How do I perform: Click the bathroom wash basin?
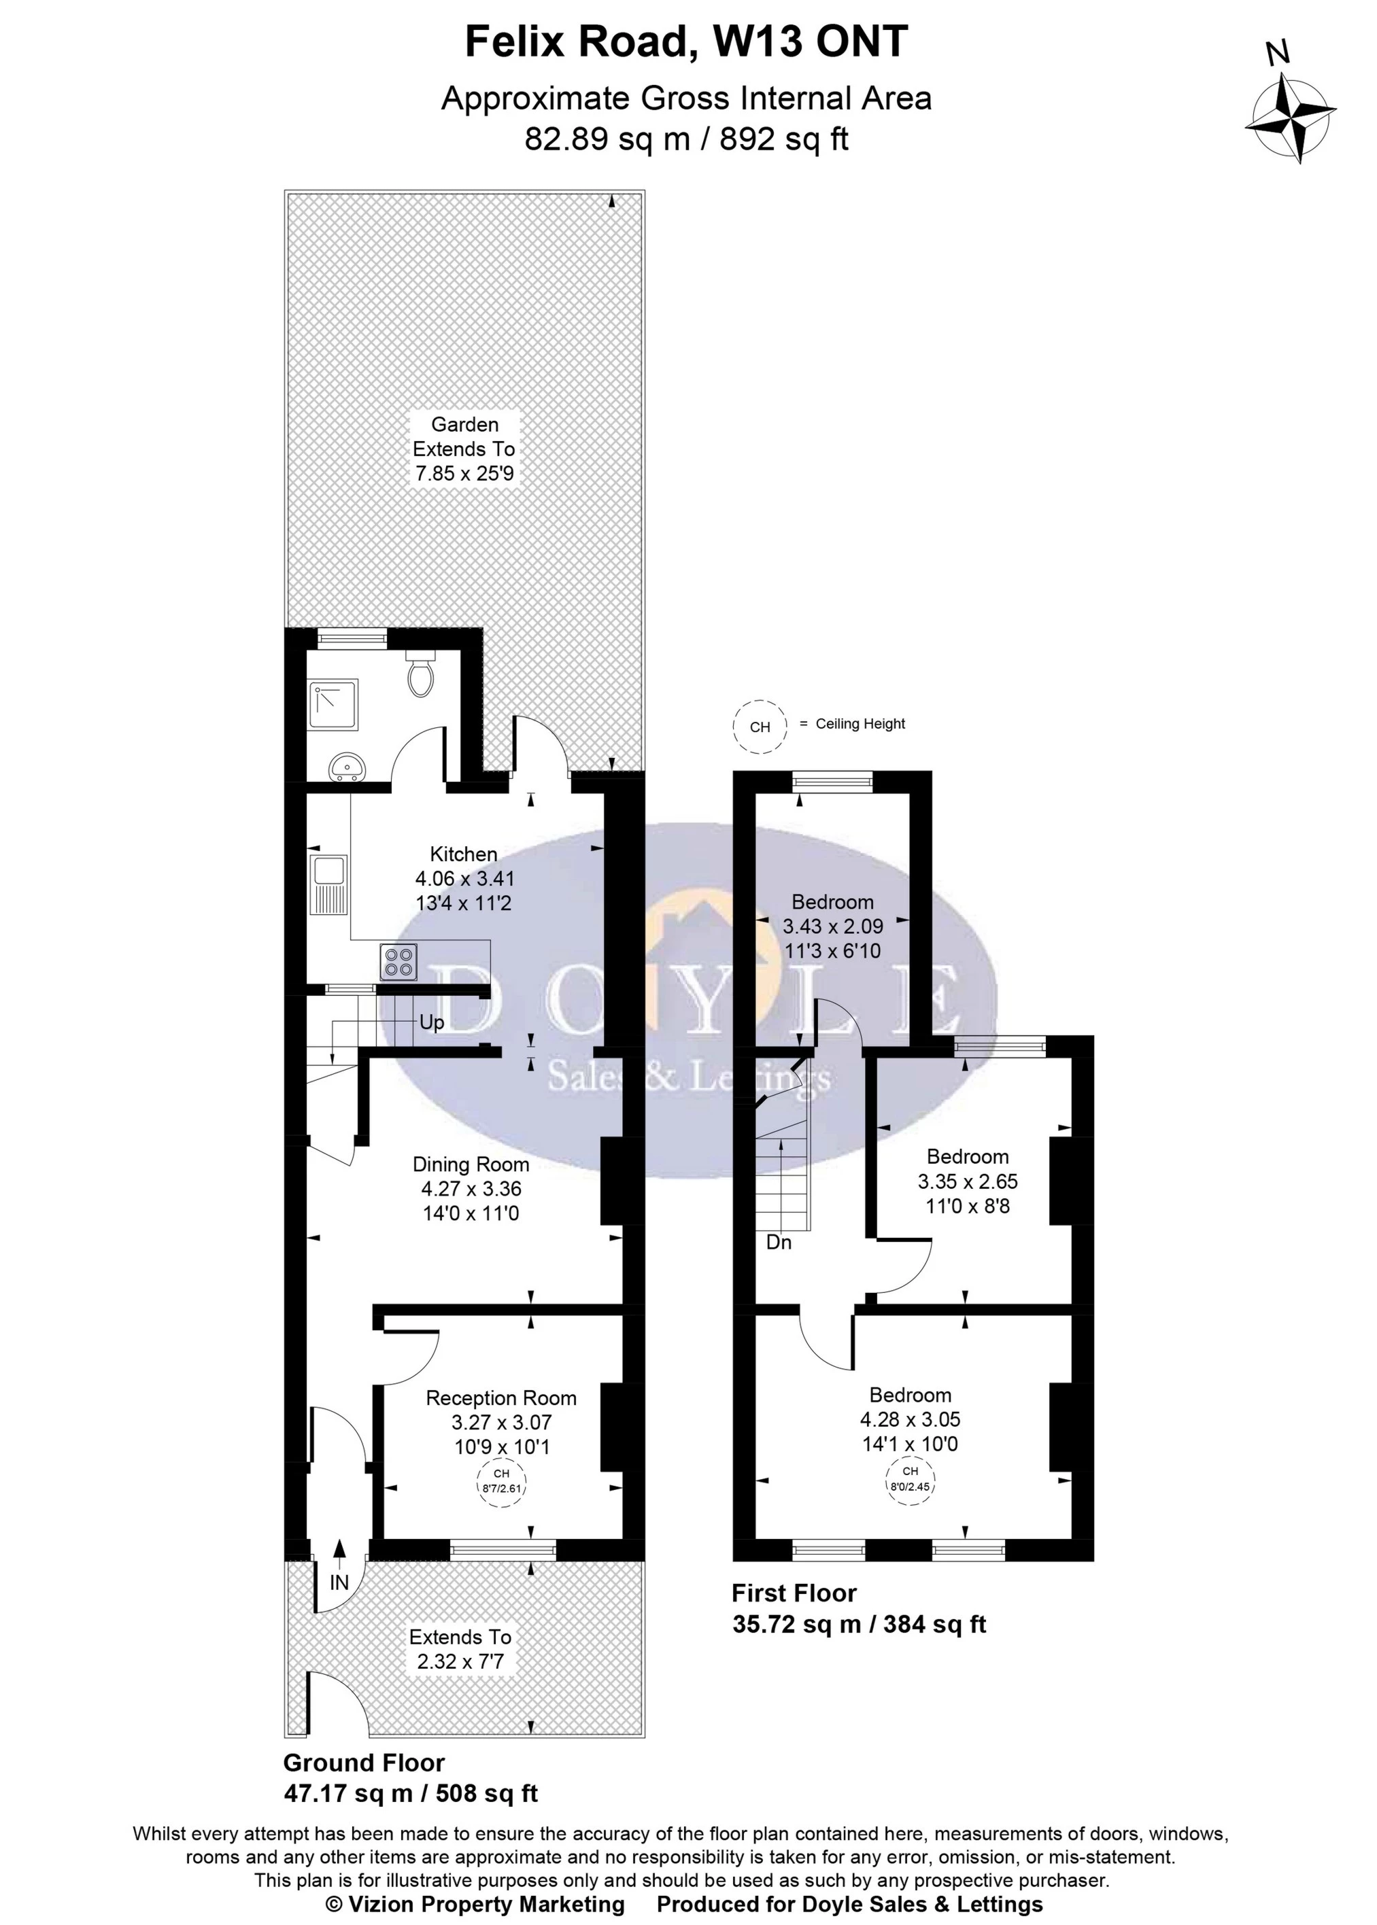tap(348, 768)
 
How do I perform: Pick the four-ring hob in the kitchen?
tap(399, 961)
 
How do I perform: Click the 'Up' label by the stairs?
tap(432, 1023)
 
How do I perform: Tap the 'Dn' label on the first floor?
tap(779, 1243)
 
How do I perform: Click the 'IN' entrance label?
tap(339, 1582)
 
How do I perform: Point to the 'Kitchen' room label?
tap(464, 854)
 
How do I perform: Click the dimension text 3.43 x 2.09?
tap(832, 926)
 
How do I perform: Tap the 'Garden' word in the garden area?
tap(464, 425)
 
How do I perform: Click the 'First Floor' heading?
tap(794, 1593)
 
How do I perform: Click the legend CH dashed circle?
tap(760, 727)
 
